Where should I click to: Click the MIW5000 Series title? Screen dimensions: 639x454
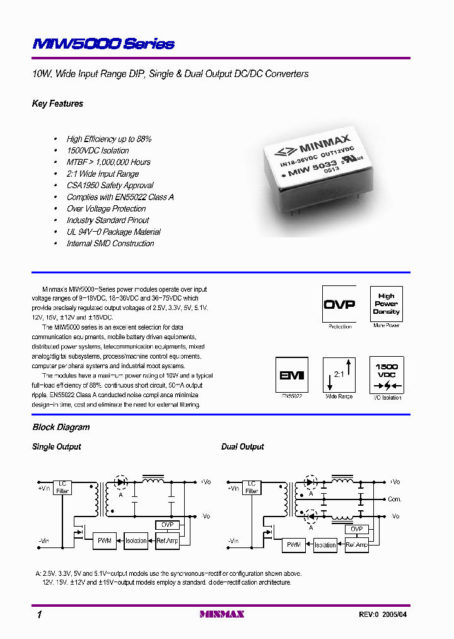pyautogui.click(x=103, y=44)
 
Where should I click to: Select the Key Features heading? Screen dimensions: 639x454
pyautogui.click(x=57, y=104)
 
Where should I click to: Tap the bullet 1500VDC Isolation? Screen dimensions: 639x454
pyautogui.click(x=97, y=150)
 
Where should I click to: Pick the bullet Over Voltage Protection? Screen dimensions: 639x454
pyautogui.click(x=106, y=208)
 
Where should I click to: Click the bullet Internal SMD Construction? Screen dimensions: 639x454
pyautogui.click(x=110, y=243)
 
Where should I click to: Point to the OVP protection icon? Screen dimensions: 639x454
pyautogui.click(x=339, y=304)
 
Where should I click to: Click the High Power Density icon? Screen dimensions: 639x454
pyautogui.click(x=386, y=304)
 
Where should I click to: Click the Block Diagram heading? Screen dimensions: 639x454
pyautogui.click(x=61, y=427)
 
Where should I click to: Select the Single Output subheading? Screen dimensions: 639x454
pyautogui.click(x=57, y=447)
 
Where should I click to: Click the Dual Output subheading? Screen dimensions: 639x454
pyautogui.click(x=242, y=447)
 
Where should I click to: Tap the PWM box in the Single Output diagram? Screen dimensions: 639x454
pyautogui.click(x=104, y=540)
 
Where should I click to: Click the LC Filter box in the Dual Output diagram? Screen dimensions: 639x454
pyautogui.click(x=252, y=487)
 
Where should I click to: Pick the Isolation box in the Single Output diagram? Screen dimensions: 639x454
pyautogui.click(x=136, y=540)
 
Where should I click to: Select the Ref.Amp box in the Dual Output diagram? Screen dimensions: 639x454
pyautogui.click(x=357, y=544)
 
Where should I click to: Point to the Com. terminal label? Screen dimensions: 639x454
pyautogui.click(x=395, y=499)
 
